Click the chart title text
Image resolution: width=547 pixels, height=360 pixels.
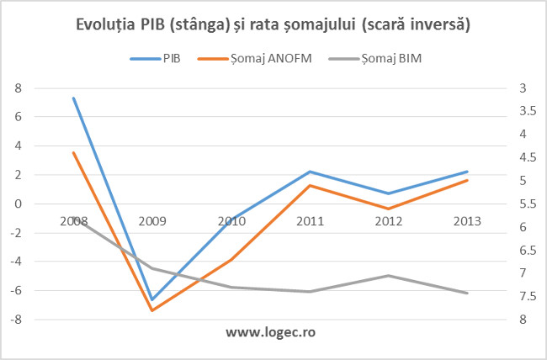[x=273, y=26]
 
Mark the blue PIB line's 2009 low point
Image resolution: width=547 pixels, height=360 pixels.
[x=152, y=299]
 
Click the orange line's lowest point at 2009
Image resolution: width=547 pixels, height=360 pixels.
[x=152, y=310]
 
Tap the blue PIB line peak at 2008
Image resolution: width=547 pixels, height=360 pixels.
[x=74, y=98]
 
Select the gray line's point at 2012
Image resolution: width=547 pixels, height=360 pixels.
[x=389, y=275]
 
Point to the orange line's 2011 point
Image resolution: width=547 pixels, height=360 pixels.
[x=310, y=185]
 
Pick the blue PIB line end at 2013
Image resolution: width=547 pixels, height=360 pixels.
[x=467, y=172]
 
